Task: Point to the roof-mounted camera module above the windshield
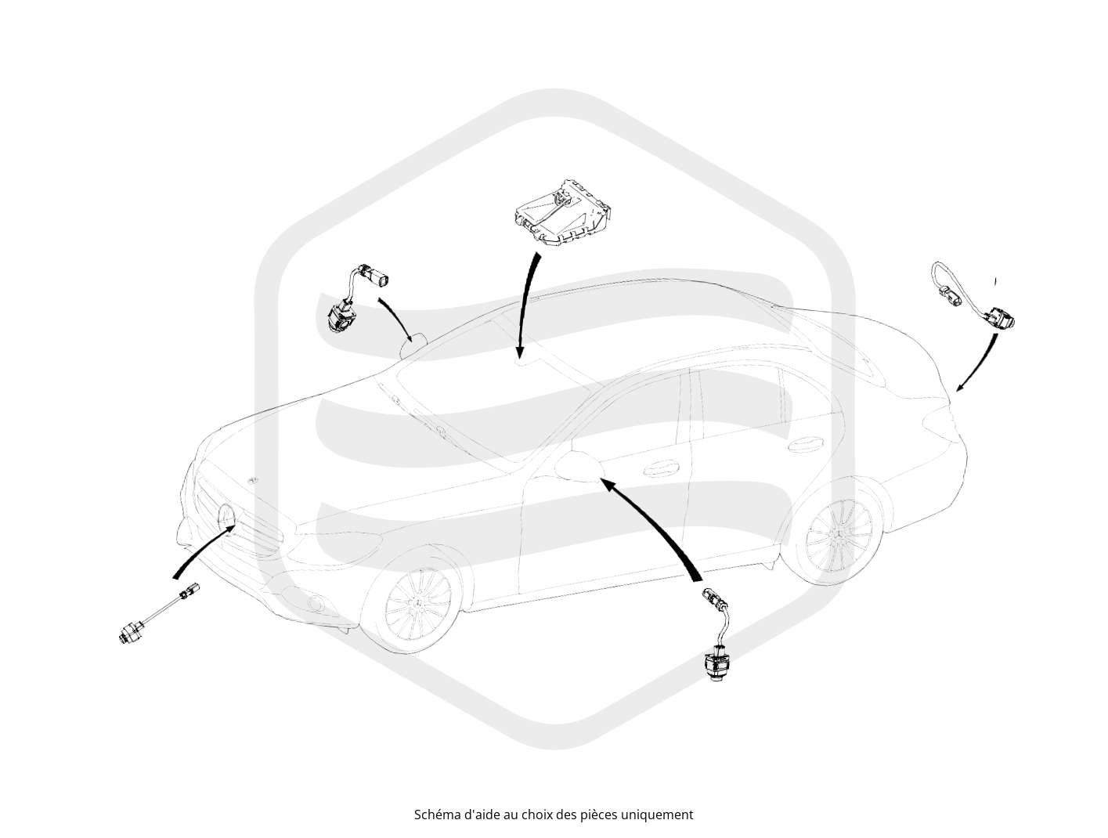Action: click(x=561, y=212)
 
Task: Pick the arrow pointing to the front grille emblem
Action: click(x=203, y=551)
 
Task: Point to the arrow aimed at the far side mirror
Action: click(x=397, y=318)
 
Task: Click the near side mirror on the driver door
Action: click(x=579, y=467)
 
